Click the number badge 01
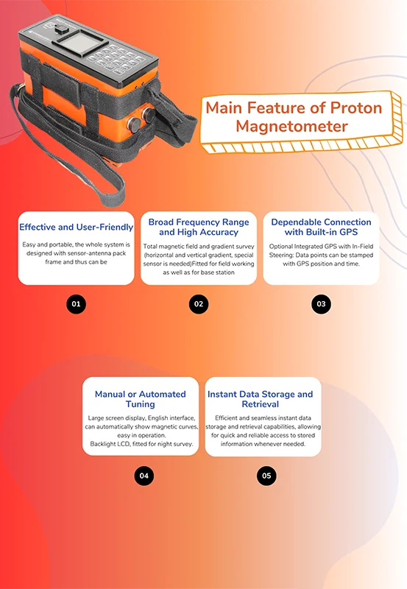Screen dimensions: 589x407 [x=76, y=303]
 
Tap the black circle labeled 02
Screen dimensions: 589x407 [x=198, y=303]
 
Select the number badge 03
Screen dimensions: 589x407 [x=321, y=303]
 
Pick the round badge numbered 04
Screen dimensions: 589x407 [x=144, y=476]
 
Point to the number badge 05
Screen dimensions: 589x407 [x=266, y=476]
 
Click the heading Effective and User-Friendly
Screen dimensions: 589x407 [x=77, y=227]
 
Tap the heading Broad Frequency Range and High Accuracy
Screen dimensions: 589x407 [x=199, y=227]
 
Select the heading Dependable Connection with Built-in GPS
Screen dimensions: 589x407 [x=321, y=227]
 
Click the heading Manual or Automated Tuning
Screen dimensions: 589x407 [x=140, y=398]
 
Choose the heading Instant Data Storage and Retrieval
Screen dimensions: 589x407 [x=261, y=398]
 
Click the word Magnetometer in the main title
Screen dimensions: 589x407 [x=292, y=127]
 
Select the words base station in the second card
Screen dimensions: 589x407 [x=220, y=272]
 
